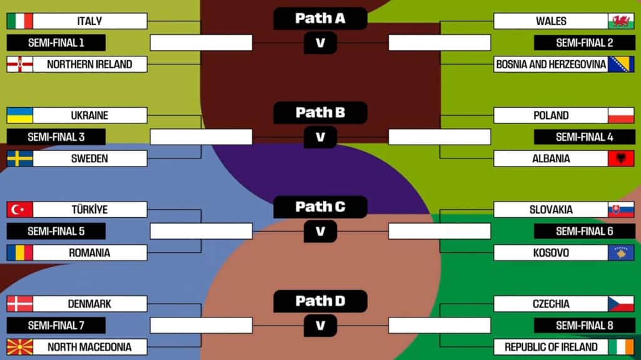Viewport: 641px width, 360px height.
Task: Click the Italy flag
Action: tap(19, 21)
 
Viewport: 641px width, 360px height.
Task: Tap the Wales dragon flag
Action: tap(621, 21)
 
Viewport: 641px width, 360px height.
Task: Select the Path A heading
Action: tap(320, 18)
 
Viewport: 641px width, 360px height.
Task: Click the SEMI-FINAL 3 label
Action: tap(56, 137)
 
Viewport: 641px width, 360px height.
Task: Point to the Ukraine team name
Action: tap(90, 115)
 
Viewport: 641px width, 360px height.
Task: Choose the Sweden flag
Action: tap(19, 158)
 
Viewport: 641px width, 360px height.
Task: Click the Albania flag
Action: tap(621, 158)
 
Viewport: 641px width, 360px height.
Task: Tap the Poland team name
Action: tap(551, 115)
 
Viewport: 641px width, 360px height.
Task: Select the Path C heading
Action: tap(320, 207)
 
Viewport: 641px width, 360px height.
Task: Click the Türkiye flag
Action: tap(19, 210)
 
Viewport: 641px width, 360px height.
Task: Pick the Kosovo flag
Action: tap(621, 253)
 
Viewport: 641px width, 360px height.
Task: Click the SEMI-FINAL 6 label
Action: tap(584, 231)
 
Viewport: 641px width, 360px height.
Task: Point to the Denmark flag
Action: tap(19, 304)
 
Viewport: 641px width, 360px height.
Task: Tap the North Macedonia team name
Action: tap(90, 347)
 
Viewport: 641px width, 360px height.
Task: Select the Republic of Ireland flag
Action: tap(621, 347)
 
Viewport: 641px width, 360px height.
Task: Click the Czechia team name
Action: tap(551, 304)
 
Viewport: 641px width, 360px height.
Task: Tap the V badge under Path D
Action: tap(320, 326)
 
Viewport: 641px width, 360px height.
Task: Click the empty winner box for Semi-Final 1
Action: tap(201, 43)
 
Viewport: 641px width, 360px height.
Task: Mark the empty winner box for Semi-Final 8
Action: tap(439, 326)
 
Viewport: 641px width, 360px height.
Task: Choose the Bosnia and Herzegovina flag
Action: tap(621, 64)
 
